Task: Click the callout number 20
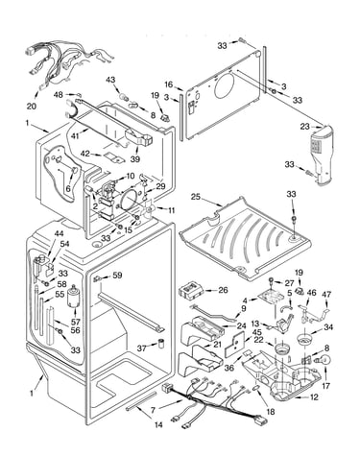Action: [32, 106]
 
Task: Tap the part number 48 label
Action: [59, 95]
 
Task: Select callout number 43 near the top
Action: [110, 80]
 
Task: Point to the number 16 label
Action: [169, 84]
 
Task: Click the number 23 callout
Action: [305, 127]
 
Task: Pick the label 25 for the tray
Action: [196, 196]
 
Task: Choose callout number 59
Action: [117, 275]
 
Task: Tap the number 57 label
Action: [76, 322]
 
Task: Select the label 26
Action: [223, 290]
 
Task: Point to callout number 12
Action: [314, 397]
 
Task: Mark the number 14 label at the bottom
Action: [158, 425]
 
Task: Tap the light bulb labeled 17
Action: [323, 360]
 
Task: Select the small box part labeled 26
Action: [191, 291]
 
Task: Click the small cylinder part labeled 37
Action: [161, 344]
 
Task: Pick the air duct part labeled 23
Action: [322, 155]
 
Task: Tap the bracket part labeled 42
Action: [114, 157]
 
